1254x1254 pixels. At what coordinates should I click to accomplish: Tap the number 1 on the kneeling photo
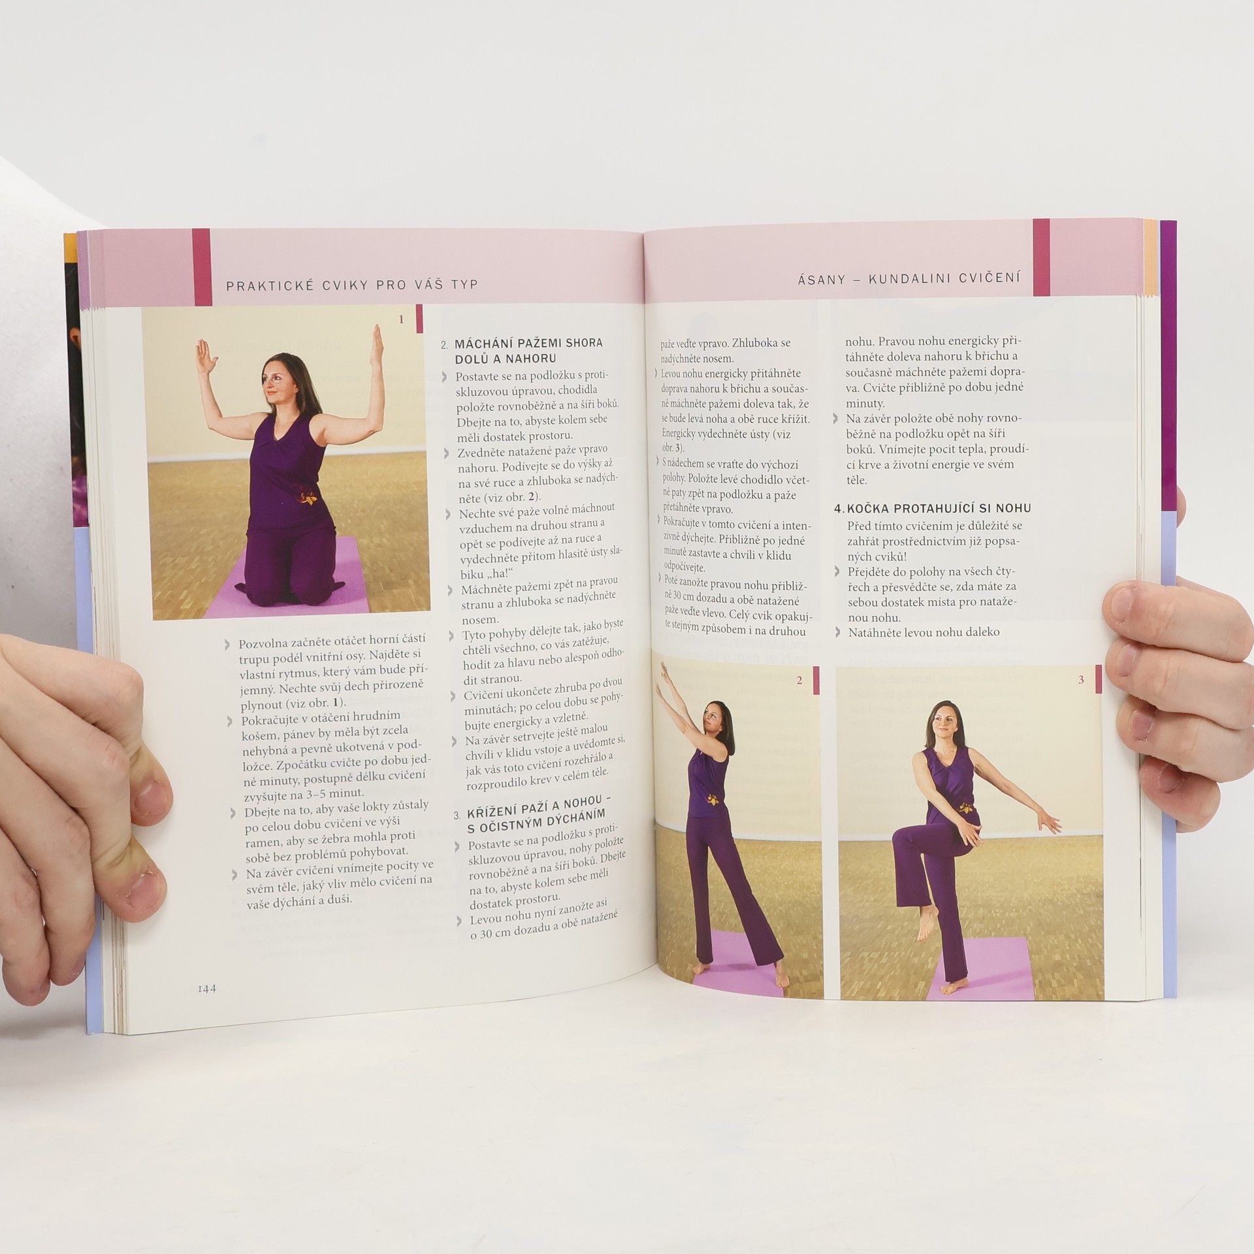[x=402, y=319]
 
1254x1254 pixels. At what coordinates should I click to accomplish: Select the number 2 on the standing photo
[x=799, y=681]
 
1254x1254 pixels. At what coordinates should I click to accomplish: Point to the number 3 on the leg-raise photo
[x=1081, y=680]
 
